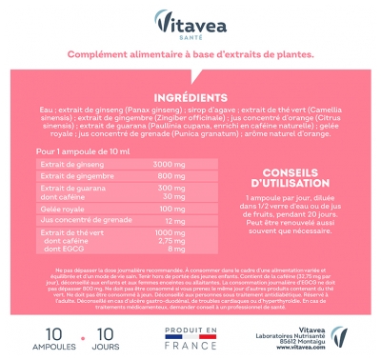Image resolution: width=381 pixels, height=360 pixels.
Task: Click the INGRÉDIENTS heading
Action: coord(190,97)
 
